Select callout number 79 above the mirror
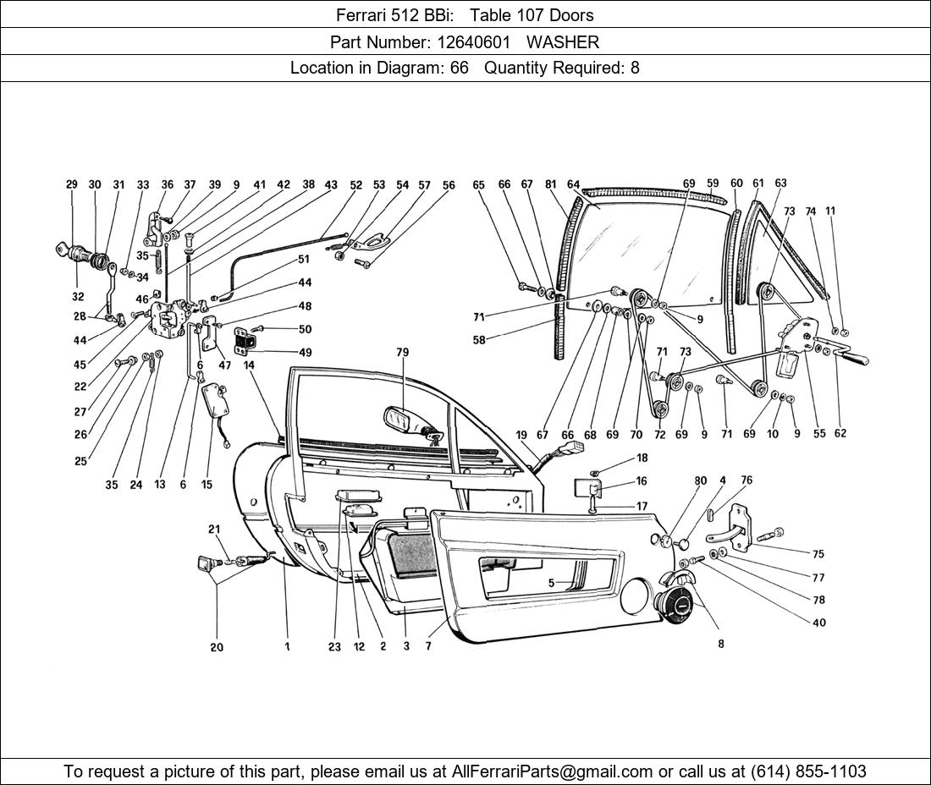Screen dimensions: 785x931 tap(402, 351)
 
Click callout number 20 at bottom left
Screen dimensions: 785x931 tap(217, 647)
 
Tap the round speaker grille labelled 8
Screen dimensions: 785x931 tap(675, 606)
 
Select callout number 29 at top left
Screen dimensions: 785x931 tap(72, 184)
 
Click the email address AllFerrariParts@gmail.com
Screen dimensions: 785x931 tap(553, 771)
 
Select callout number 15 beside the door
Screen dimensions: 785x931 tap(207, 485)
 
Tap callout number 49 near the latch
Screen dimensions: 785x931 tap(305, 352)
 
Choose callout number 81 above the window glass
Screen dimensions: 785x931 tap(551, 184)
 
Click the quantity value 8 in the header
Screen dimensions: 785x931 tap(635, 68)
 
